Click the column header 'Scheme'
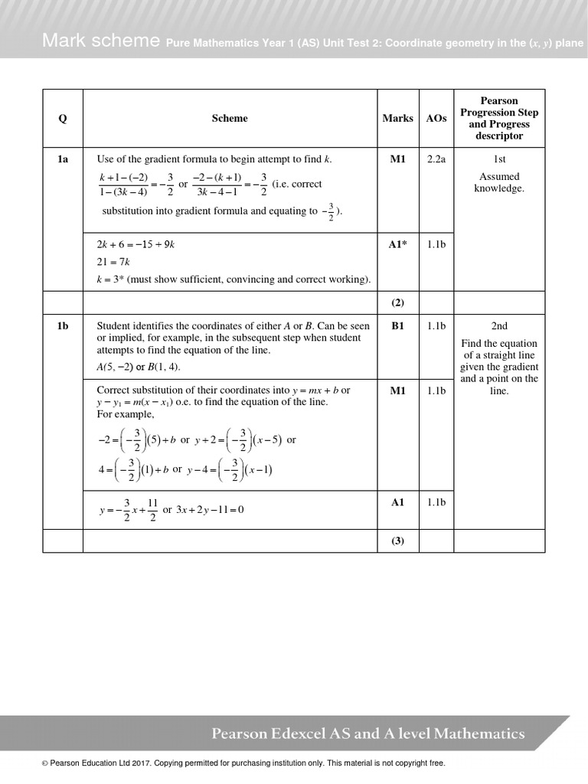pos(230,119)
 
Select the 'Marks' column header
pos(397,119)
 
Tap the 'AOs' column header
pos(436,119)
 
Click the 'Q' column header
pos(63,119)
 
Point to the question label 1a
pos(63,159)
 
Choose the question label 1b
pos(63,326)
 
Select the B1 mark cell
pos(397,326)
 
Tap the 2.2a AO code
pos(436,159)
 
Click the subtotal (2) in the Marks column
pos(397,302)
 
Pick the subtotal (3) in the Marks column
pos(397,541)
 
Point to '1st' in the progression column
pos(499,159)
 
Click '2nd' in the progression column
pos(499,326)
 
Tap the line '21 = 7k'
pos(113,262)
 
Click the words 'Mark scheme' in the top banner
pos(101,41)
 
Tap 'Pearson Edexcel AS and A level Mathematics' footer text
pos(368,734)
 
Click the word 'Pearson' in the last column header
pos(499,101)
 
